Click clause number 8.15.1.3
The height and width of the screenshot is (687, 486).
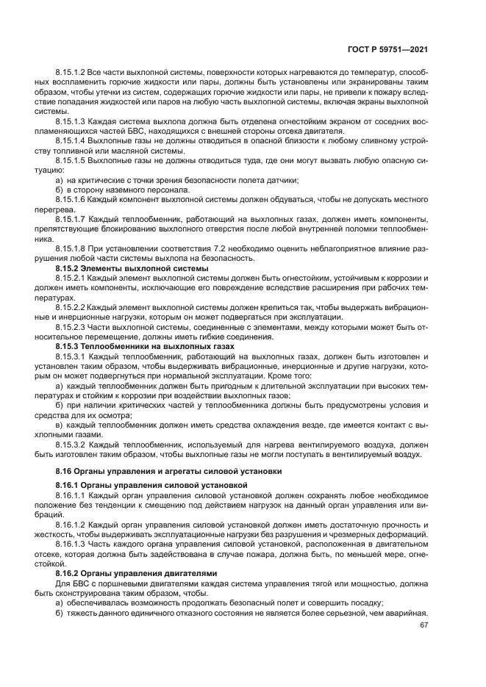pyautogui.click(x=71, y=121)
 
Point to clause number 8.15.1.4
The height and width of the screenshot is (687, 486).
pyautogui.click(x=71, y=141)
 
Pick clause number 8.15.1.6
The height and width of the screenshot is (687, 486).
pyautogui.click(x=71, y=200)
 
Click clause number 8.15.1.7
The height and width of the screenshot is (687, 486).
pyautogui.click(x=71, y=220)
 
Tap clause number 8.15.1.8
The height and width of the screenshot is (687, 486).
pyautogui.click(x=71, y=249)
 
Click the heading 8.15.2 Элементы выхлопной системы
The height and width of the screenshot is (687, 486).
pyautogui.click(x=132, y=269)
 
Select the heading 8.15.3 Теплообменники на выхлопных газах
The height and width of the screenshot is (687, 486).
pyautogui.click(x=145, y=346)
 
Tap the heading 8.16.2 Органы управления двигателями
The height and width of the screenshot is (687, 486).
pyautogui.click(x=137, y=572)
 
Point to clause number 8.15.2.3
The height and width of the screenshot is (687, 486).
pyautogui.click(x=71, y=327)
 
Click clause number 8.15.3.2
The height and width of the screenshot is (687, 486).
pyautogui.click(x=71, y=444)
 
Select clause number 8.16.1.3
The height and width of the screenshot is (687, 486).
pyautogui.click(x=71, y=544)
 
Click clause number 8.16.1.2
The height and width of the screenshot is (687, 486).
pyautogui.click(x=71, y=524)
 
